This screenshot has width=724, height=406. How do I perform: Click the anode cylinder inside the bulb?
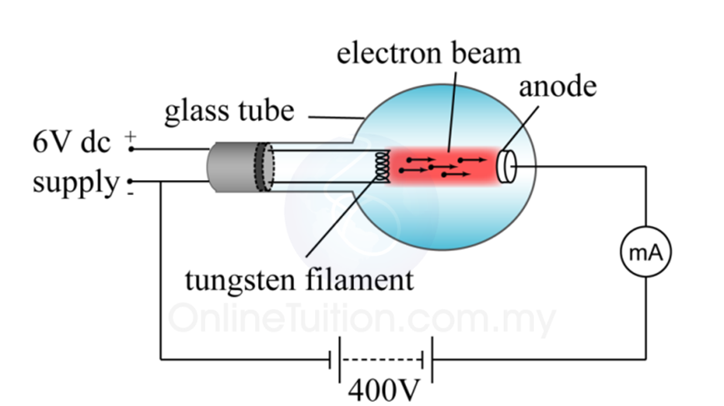506,165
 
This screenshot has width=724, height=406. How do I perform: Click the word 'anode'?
557,87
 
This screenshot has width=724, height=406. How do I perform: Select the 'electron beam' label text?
428,54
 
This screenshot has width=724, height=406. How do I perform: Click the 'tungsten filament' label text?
299,278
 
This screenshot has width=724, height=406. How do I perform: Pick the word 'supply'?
75,183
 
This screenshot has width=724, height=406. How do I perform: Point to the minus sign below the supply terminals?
131,195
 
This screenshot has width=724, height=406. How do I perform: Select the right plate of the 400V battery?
431,361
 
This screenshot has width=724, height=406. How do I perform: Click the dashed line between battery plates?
382,361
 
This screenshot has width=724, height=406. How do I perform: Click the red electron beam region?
442,164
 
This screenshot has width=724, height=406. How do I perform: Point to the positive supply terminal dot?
131,149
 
